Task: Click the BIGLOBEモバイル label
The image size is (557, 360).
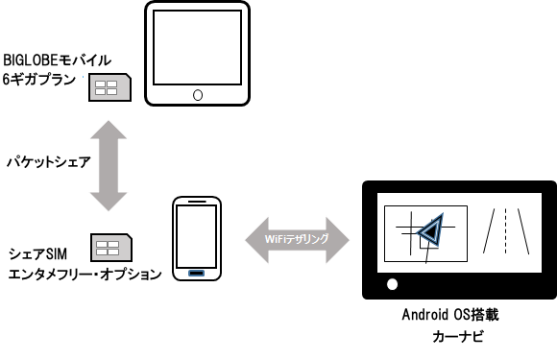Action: (58, 60)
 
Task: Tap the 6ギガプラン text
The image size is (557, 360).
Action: (39, 79)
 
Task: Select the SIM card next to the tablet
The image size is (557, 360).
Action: (109, 87)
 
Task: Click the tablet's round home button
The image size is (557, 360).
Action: (198, 95)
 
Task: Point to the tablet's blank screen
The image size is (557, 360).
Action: (198, 48)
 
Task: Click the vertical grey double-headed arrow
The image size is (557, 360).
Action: (109, 166)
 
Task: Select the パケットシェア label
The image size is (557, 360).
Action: (49, 162)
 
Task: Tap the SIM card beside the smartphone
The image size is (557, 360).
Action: (111, 248)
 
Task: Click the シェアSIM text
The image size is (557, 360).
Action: (37, 253)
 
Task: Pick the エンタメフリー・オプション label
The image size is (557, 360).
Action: (85, 275)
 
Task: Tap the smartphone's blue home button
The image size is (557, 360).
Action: (197, 273)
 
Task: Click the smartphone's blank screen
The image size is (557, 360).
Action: (197, 236)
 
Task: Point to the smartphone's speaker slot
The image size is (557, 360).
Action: (197, 202)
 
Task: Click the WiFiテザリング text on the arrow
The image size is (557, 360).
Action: (297, 239)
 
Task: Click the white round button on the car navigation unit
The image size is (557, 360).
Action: (392, 284)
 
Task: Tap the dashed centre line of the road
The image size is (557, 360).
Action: (505, 231)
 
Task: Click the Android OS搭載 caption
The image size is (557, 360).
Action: (450, 315)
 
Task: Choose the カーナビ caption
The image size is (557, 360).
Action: (458, 336)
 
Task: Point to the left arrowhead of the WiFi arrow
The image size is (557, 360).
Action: (256, 240)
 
